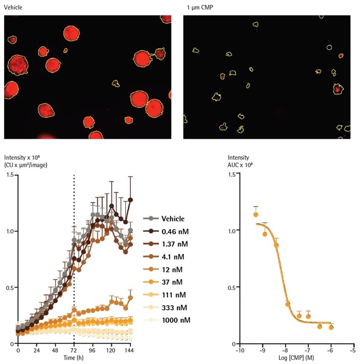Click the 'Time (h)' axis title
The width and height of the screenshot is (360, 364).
(x=73, y=357)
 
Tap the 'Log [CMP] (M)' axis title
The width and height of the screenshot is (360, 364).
(x=295, y=357)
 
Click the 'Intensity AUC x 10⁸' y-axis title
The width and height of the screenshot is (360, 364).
(x=239, y=161)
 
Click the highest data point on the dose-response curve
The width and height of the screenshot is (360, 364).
(x=256, y=215)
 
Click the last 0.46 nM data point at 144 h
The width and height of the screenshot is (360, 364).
(x=130, y=200)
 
